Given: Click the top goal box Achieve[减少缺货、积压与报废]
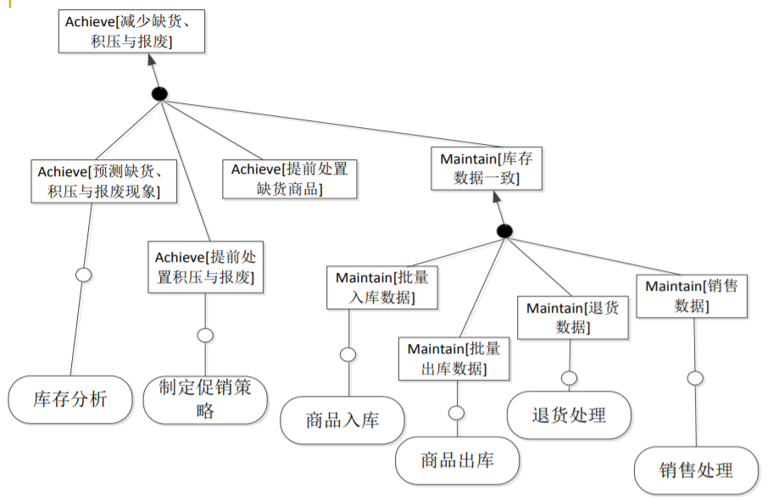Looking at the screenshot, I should pyautogui.click(x=132, y=31).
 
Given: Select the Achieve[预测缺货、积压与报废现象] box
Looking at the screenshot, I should pyautogui.click(x=105, y=181).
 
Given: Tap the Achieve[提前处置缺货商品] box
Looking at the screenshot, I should pyautogui.click(x=290, y=179).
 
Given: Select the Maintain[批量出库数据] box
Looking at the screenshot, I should pyautogui.click(x=453, y=358).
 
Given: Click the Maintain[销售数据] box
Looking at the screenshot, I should pyautogui.click(x=692, y=295).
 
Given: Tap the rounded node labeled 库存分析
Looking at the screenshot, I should pyautogui.click(x=70, y=398).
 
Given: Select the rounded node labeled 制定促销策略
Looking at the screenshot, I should pyautogui.click(x=205, y=399).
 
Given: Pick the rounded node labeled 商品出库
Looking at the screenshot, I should pyautogui.click(x=458, y=461).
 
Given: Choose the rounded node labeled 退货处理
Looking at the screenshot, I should pyautogui.click(x=569, y=415).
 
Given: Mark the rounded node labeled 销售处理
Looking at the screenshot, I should pyautogui.click(x=696, y=469).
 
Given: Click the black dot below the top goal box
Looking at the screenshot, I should pyautogui.click(x=158, y=93).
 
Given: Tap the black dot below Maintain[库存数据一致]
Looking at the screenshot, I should pyautogui.click(x=504, y=231).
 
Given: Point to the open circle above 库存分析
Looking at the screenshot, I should pyautogui.click(x=83, y=275).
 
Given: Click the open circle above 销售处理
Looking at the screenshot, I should pyautogui.click(x=695, y=378).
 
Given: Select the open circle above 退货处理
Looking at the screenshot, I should pyautogui.click(x=569, y=377).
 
